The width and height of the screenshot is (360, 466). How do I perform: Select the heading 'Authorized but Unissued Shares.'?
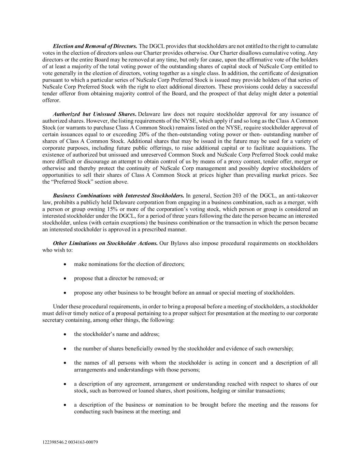pos(95,114)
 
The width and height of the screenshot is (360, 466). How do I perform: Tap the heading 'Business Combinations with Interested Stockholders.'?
pos(118,196)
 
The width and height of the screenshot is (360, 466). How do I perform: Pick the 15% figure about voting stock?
pos(107,209)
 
